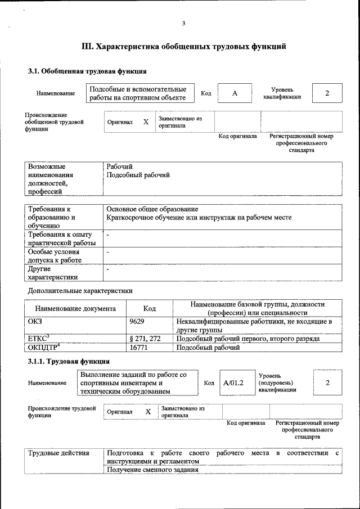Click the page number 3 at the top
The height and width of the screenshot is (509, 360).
(x=183, y=23)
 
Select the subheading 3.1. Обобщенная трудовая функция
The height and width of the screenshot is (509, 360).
(x=87, y=71)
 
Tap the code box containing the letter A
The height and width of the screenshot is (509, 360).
(x=235, y=93)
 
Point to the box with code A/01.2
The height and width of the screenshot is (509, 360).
(x=232, y=383)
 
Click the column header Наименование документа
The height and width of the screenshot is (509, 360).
(x=75, y=308)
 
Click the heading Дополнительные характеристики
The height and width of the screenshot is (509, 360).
(x=80, y=291)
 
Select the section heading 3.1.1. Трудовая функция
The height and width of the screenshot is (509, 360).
(x=69, y=361)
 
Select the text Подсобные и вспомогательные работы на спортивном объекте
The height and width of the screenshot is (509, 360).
(x=138, y=93)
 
